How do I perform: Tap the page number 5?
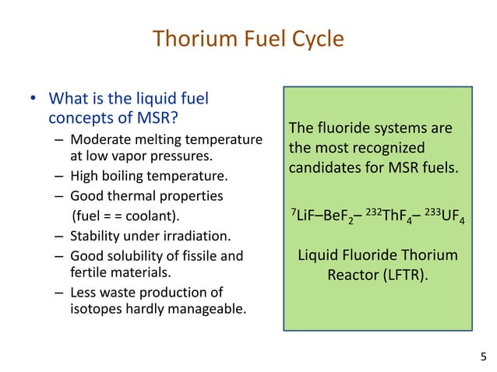click(x=482, y=356)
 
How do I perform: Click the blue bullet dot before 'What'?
click(x=33, y=100)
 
